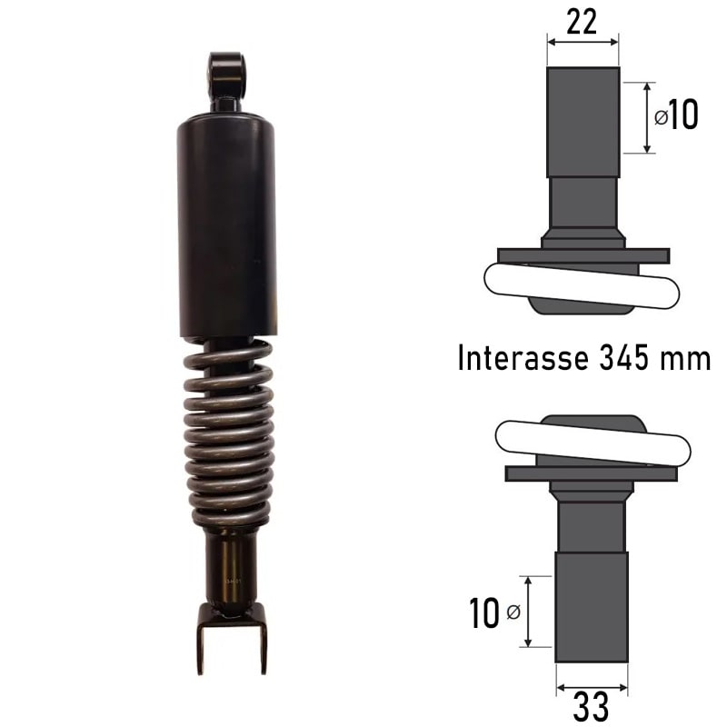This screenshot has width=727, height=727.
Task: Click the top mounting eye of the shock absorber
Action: click(x=227, y=77)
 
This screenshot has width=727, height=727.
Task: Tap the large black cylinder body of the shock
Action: click(x=227, y=227)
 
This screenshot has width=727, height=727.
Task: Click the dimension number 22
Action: click(x=582, y=20)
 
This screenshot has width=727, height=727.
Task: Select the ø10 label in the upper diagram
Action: click(x=676, y=116)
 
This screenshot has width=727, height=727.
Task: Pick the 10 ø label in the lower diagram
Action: click(x=495, y=613)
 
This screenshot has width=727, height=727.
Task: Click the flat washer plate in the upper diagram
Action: click(x=583, y=256)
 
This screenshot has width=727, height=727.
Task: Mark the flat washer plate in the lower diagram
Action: click(x=592, y=473)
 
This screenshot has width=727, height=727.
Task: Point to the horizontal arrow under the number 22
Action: click(x=583, y=41)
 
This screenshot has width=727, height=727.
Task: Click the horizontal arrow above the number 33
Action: click(x=591, y=688)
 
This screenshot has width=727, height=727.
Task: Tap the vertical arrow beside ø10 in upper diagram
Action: click(x=647, y=117)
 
